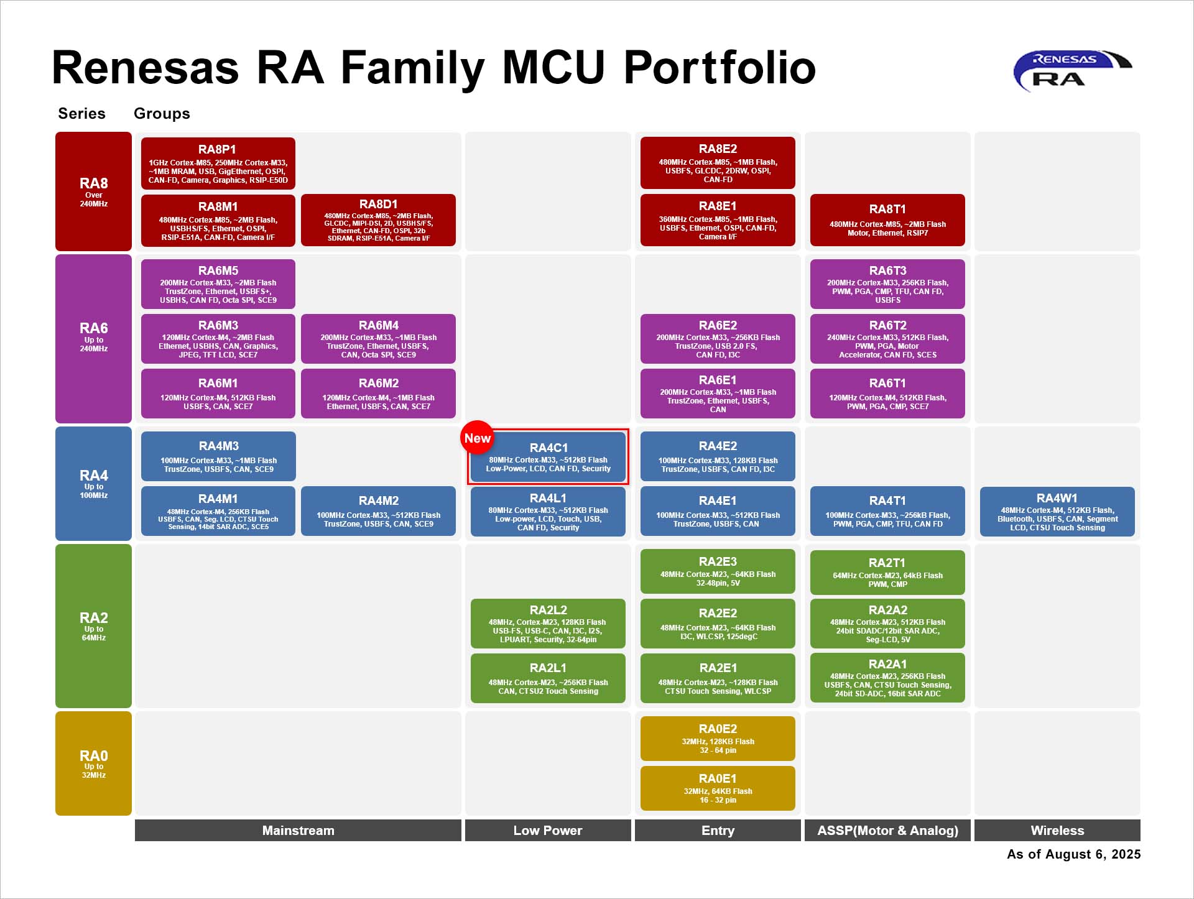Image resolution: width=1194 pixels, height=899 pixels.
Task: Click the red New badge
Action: pos(477,438)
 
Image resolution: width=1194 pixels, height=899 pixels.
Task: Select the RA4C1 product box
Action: pos(548,457)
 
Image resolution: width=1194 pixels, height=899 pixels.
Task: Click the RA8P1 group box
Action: pos(218,163)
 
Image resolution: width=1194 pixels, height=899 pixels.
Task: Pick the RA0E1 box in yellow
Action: pos(718,788)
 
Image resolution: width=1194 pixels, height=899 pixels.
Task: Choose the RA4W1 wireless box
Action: pos(1057,512)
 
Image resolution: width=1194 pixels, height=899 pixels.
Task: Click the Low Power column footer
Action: pos(548,831)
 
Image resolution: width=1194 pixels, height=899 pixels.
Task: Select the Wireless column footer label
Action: pos(1057,831)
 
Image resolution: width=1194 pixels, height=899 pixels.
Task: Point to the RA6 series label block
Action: pos(93,339)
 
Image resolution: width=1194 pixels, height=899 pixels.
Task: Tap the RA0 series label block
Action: pos(93,763)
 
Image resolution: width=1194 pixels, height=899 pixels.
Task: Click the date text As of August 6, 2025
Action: pos(1073,854)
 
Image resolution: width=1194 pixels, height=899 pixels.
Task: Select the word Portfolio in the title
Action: pos(720,68)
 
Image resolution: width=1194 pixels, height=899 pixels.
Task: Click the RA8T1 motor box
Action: pos(887,220)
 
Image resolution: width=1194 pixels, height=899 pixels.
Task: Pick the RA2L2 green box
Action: pos(548,624)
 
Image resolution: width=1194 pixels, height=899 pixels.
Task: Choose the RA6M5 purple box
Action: pos(218,284)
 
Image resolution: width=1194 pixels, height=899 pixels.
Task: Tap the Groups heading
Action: pos(162,114)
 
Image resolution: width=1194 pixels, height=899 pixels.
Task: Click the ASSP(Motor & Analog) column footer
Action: pos(887,831)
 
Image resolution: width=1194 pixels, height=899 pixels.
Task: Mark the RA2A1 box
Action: pos(887,678)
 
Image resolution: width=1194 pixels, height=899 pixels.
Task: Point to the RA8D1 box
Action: pos(378,220)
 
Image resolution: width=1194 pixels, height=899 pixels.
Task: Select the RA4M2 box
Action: pos(378,511)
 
